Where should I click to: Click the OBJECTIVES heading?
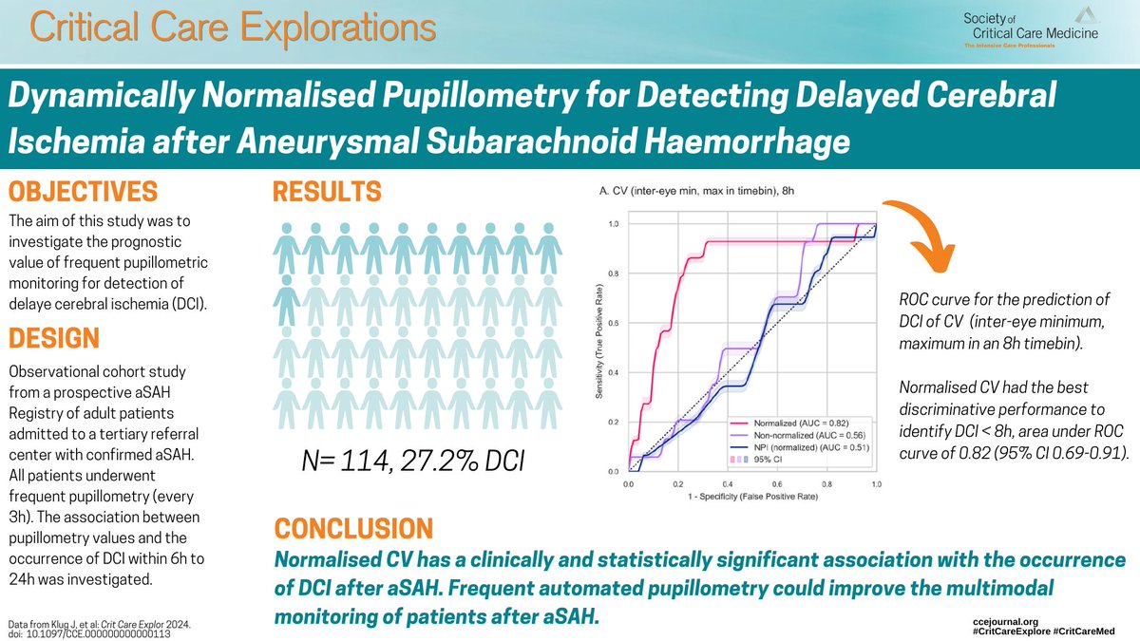pyautogui.click(x=84, y=193)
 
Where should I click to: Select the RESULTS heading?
pyautogui.click(x=328, y=193)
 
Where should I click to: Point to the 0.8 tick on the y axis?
pyautogui.click(x=615, y=273)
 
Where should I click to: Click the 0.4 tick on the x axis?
pyautogui.click(x=727, y=484)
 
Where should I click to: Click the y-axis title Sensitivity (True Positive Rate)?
pyautogui.click(x=601, y=347)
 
